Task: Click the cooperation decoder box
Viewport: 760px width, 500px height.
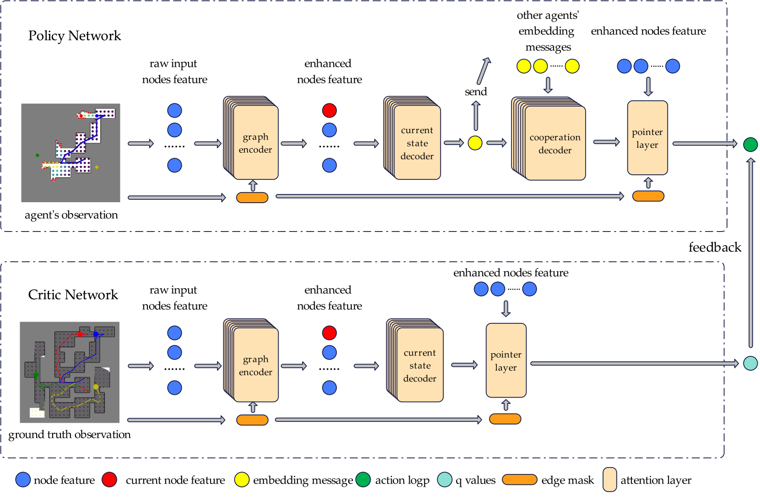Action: (555, 143)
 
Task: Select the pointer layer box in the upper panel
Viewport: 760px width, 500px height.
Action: (647, 138)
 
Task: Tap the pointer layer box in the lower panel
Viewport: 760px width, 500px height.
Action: (506, 360)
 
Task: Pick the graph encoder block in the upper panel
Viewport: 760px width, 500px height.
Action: (255, 143)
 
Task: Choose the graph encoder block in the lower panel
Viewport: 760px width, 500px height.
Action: (255, 366)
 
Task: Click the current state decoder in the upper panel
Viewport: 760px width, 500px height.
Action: (417, 143)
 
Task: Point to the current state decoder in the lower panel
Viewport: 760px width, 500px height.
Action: (420, 365)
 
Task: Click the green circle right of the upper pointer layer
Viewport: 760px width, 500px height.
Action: (750, 145)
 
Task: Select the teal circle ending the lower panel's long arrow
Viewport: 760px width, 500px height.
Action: (750, 363)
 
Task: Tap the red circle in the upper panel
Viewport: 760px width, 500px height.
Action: (329, 110)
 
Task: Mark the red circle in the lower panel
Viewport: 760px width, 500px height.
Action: (329, 333)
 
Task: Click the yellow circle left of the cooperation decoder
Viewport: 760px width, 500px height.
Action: (475, 143)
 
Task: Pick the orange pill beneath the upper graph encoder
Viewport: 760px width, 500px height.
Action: (252, 198)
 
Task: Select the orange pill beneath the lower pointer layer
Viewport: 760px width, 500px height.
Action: (505, 419)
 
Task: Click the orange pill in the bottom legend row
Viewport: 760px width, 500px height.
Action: (519, 479)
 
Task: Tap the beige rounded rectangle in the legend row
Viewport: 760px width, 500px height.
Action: (609, 479)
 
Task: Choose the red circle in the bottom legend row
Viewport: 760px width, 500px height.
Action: (109, 479)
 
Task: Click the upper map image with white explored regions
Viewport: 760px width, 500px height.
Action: (70, 153)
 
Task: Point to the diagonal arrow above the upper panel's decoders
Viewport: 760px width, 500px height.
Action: (483, 71)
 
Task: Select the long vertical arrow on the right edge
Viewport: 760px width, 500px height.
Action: (750, 253)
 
